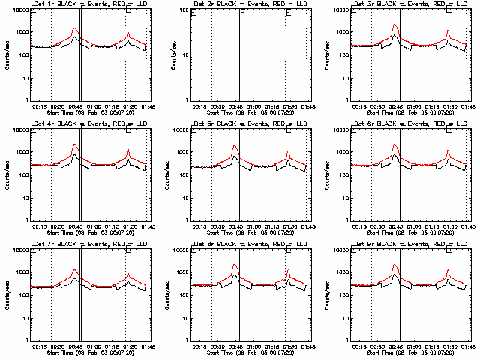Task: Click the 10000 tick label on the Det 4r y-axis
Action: (19, 130)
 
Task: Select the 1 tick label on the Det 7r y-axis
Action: (26, 340)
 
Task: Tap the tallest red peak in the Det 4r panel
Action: (75, 145)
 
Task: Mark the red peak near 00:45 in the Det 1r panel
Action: (75, 29)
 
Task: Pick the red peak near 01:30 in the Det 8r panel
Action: (288, 270)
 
